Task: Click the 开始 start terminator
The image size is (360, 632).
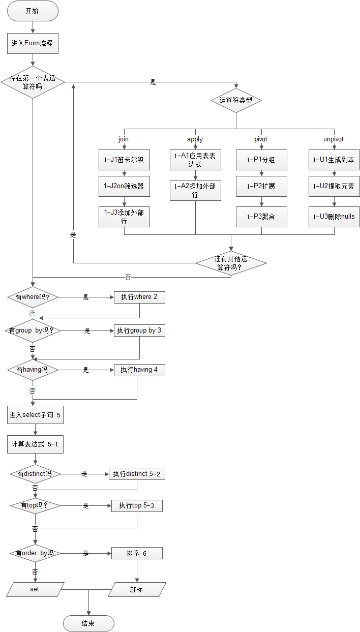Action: [x=33, y=11]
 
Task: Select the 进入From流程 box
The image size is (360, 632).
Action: [x=33, y=44]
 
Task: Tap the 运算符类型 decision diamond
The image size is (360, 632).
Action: [x=236, y=100]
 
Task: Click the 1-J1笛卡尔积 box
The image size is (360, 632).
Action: [x=124, y=159]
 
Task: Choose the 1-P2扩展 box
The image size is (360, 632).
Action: [x=261, y=186]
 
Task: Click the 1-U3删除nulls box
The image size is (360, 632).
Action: [x=334, y=216]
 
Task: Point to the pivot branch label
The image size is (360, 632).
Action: [x=261, y=139]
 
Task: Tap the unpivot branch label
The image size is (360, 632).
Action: [x=334, y=139]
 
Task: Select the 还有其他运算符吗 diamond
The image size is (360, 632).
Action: [x=231, y=263]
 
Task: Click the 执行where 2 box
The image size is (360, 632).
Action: [x=139, y=297]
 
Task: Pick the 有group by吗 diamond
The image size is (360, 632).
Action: [x=33, y=330]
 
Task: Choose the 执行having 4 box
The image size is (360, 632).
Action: [x=139, y=370]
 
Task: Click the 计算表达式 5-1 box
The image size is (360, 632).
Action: [x=35, y=444]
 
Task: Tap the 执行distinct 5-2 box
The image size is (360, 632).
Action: [x=137, y=474]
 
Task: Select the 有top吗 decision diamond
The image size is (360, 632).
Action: [x=35, y=505]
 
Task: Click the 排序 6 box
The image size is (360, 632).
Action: [x=137, y=553]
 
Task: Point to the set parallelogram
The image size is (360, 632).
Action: [x=35, y=589]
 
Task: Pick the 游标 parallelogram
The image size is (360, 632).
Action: [x=137, y=589]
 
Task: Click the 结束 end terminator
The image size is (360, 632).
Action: [x=88, y=623]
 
